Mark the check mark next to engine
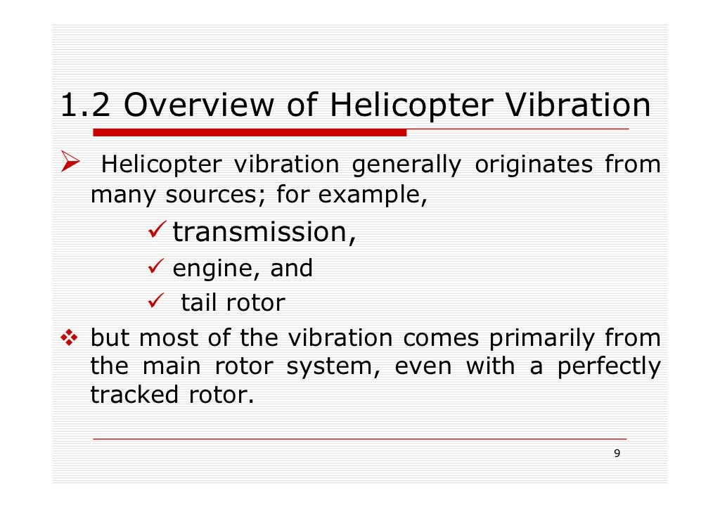tap(158, 268)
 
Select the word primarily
tap(545, 338)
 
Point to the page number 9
tap(617, 453)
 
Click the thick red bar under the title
tap(250, 132)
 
